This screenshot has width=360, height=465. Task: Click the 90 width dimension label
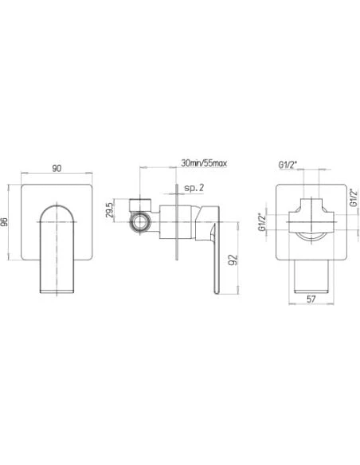point(57,168)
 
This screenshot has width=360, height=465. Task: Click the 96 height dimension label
point(4,222)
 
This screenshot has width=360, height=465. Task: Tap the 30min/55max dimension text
point(204,162)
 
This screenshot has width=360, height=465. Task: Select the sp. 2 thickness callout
point(194,187)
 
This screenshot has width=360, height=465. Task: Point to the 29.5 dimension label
point(110,210)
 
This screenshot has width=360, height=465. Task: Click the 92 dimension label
point(234,260)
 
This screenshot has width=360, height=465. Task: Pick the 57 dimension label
point(311,299)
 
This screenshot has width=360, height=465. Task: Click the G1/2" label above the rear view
point(288,165)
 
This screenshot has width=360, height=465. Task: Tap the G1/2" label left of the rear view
point(261,222)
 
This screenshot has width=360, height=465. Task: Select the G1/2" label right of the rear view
point(353,197)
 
